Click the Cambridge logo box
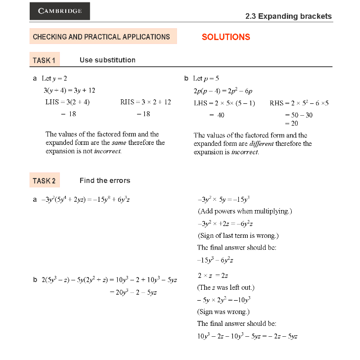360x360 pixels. [x=60, y=11]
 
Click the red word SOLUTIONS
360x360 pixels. [x=226, y=37]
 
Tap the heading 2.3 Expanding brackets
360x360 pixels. [x=288, y=16]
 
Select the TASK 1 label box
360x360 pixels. [x=45, y=60]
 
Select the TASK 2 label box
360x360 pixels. [x=45, y=180]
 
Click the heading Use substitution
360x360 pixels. [x=107, y=60]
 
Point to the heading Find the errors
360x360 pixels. [x=105, y=180]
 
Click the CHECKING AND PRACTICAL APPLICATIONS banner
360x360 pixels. [x=102, y=37]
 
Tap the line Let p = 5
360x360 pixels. [x=206, y=79]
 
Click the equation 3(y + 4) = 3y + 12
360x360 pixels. [x=69, y=90]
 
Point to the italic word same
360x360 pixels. [x=119, y=143]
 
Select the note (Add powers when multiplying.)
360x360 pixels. [x=245, y=211]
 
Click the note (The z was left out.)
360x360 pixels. [x=225, y=287]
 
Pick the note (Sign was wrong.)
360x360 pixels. [x=223, y=312]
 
